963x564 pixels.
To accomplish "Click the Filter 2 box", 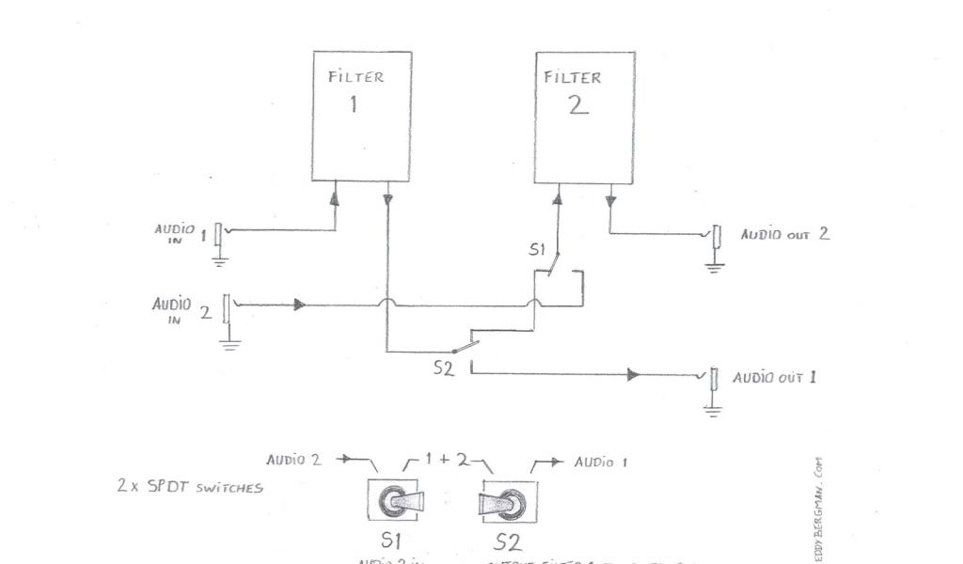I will (584, 117).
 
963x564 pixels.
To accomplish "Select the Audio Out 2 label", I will (784, 233).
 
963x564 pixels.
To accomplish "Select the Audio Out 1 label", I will (774, 377).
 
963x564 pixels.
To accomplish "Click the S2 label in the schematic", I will (444, 369).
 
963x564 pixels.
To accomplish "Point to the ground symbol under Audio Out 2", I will (715, 267).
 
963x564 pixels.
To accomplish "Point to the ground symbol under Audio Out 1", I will (714, 410).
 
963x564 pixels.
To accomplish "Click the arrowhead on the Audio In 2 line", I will (299, 305).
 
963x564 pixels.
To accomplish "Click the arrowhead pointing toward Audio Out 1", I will (633, 375).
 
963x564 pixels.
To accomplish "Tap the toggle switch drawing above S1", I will (396, 503).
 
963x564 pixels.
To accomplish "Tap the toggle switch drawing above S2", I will (508, 503).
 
